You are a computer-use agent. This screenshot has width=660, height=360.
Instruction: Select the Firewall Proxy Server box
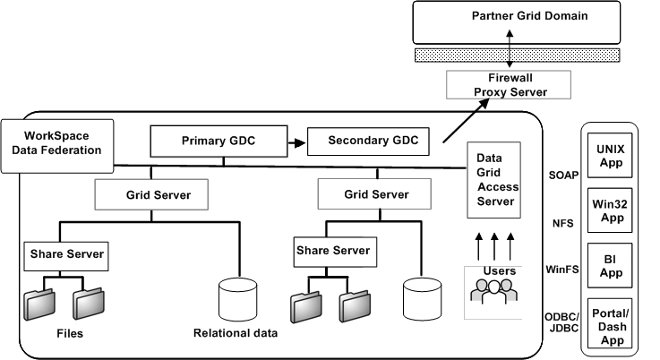509,85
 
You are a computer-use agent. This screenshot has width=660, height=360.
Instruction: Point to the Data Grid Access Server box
494,179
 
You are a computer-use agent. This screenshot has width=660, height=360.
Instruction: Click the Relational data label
236,334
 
